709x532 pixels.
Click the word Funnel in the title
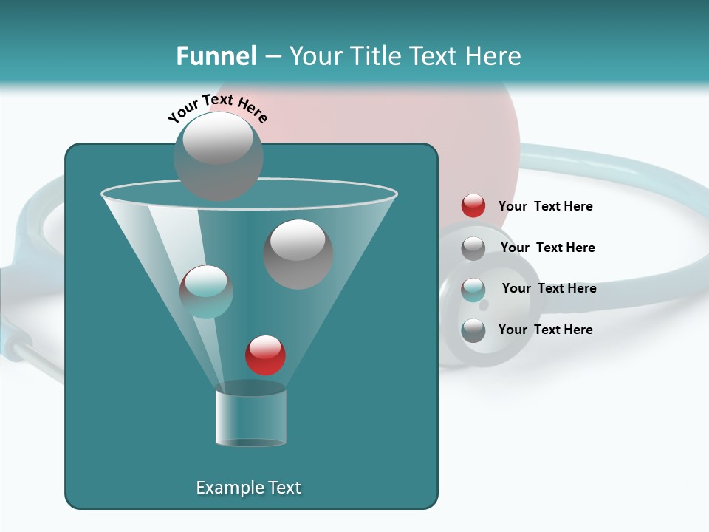tap(216, 56)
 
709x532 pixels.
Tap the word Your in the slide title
tap(315, 56)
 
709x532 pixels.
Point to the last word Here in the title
tap(492, 56)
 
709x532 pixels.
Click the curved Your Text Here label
tap(218, 109)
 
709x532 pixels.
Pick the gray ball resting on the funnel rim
tap(218, 156)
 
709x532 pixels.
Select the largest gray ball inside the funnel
tap(298, 253)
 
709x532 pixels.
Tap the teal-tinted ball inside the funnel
tap(206, 291)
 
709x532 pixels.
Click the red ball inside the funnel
tap(265, 355)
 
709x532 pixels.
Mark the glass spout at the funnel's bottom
tap(251, 418)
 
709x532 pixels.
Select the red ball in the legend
tap(473, 206)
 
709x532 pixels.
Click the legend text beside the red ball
tap(545, 206)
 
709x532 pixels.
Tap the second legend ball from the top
tap(473, 248)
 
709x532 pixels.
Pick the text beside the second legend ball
tap(547, 248)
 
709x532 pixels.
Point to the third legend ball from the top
tap(473, 290)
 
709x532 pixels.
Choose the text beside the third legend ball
tap(549, 288)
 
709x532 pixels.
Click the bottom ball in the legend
tap(473, 330)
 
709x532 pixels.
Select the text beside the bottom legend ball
tap(545, 330)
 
